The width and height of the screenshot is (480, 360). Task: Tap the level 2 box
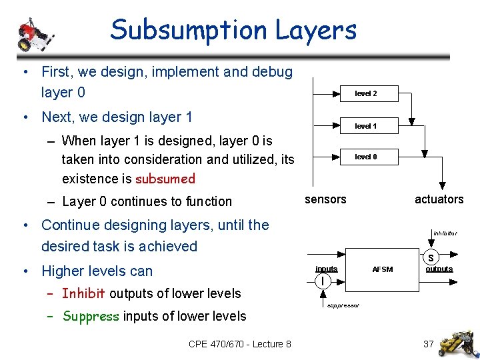coord(365,93)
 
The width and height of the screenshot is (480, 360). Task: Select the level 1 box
coord(365,125)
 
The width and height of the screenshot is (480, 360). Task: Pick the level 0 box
coord(365,157)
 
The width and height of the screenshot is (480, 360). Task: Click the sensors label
coord(325,199)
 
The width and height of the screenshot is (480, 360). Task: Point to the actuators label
coord(439,199)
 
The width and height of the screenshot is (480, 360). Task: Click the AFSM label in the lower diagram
coord(382,269)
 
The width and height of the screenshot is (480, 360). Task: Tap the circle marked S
coord(431,257)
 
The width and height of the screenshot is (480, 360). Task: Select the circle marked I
coord(322,281)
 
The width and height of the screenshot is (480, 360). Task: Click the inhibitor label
coord(445,233)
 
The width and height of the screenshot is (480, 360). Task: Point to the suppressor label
coord(343,305)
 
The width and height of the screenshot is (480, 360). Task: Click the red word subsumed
coord(165,179)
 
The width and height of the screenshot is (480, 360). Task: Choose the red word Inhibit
coord(84,293)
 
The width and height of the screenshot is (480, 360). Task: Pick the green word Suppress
coord(90,316)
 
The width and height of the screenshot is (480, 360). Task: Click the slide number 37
coord(429,344)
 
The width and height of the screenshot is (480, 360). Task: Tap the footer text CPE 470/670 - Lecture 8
coord(240,344)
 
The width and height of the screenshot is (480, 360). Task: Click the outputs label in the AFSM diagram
coord(439,269)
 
